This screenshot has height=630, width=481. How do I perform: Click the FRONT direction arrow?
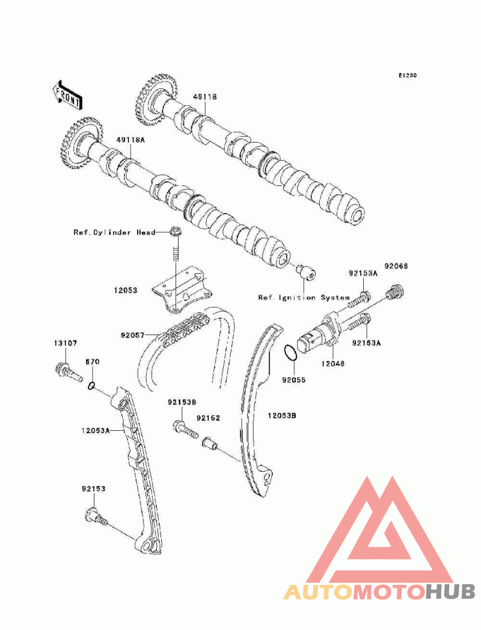[66, 94]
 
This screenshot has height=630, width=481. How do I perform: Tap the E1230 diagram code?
[407, 76]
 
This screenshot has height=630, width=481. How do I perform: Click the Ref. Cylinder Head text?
[114, 232]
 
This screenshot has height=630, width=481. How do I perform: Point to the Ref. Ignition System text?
[304, 297]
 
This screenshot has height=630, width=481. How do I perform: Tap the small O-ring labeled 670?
[91, 386]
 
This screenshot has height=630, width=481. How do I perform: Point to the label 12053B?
[282, 415]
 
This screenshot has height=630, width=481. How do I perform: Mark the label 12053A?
[96, 430]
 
